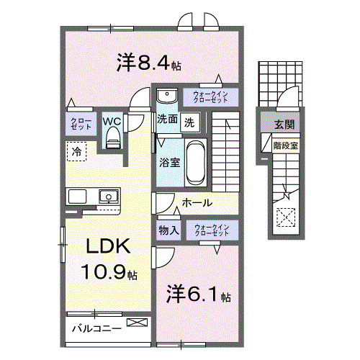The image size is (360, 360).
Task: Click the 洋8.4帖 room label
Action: click(x=148, y=63)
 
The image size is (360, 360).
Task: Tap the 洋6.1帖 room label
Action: click(x=199, y=295)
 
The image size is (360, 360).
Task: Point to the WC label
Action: click(x=112, y=122)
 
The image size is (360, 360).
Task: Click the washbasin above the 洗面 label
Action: click(x=166, y=96)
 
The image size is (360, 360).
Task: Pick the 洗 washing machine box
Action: click(x=189, y=121)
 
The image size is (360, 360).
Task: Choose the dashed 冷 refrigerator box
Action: click(x=76, y=151)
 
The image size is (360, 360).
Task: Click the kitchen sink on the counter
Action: click(x=108, y=195)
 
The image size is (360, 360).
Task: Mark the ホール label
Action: click(x=196, y=203)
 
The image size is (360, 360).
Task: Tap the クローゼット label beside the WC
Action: click(x=76, y=122)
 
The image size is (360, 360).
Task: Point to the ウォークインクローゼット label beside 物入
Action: click(x=211, y=230)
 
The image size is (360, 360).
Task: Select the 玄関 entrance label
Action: click(x=283, y=124)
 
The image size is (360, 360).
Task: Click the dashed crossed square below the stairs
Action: click(x=285, y=215)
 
